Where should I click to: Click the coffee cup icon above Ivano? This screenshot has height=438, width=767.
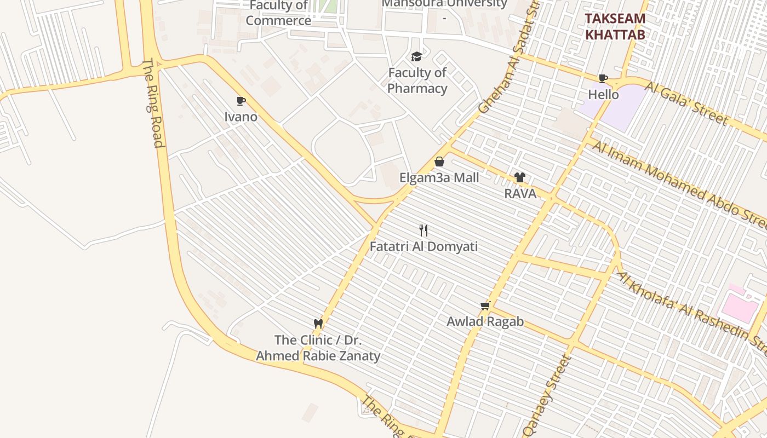241,101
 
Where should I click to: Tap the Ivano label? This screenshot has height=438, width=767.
241,117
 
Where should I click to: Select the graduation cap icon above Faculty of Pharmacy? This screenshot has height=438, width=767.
416,56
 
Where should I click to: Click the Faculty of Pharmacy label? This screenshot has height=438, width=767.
417,80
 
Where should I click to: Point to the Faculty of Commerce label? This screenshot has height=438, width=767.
278,14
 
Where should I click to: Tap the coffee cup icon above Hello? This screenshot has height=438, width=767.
603,78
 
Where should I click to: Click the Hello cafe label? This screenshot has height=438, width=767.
603,95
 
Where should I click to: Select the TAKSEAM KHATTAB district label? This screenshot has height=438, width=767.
615,26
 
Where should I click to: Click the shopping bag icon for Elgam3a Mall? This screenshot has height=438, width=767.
439,162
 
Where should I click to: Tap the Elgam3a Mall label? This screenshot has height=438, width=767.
439,177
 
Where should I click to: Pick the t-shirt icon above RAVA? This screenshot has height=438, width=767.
519,177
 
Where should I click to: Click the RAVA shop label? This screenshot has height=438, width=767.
520,193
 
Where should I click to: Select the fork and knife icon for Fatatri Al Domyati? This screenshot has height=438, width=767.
423,230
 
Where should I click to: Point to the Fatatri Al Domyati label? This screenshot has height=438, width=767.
423,246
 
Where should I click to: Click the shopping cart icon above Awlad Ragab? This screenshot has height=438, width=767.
485,306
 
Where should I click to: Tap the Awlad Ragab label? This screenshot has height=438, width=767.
485,321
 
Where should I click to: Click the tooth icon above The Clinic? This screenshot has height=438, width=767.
318,324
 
